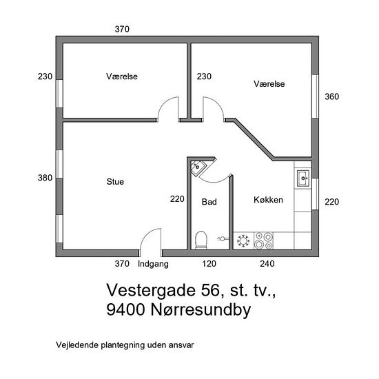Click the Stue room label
(115, 181)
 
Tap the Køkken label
(268, 200)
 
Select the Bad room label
(209, 202)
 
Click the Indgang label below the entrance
(153, 264)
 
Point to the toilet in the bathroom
(201, 240)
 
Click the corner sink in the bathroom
(198, 167)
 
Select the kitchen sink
(303, 178)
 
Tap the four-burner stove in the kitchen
(263, 240)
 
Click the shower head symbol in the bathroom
(223, 239)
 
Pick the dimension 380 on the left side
(45, 178)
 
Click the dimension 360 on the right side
(331, 96)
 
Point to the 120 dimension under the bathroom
(209, 263)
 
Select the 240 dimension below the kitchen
(267, 263)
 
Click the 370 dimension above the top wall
(122, 29)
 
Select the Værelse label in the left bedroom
(122, 76)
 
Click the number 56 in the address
(209, 290)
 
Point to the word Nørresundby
(201, 309)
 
